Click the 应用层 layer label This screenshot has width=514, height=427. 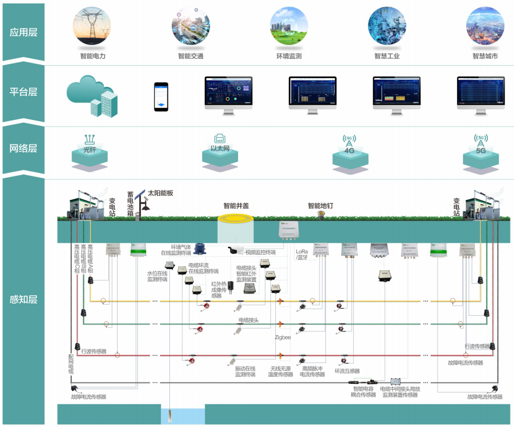coord(23,32)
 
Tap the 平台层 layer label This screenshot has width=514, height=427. coord(23,91)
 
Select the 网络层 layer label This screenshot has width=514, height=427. coord(23,149)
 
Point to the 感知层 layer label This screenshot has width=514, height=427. coord(23,300)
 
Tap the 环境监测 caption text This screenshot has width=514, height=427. coord(289,57)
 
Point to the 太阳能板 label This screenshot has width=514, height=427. coord(160,193)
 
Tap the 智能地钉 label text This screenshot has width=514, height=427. coord(322,206)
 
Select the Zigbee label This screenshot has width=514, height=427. coord(283,337)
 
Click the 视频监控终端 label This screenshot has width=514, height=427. coord(259,252)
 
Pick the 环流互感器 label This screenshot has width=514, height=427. coord(347,370)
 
